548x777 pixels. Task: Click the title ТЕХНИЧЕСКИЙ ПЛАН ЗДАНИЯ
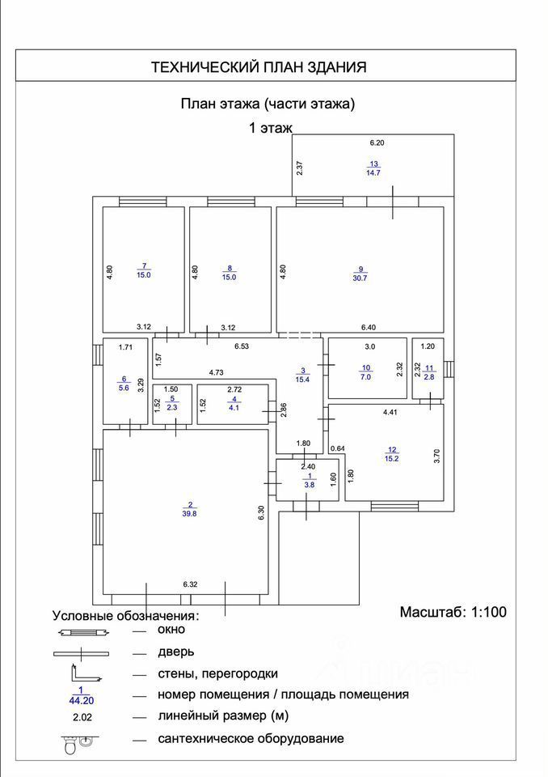[259, 67]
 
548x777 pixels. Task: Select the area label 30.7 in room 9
[361, 278]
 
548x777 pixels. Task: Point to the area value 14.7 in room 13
[373, 172]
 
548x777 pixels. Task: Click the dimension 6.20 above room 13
[377, 142]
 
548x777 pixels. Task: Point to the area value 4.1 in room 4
[234, 408]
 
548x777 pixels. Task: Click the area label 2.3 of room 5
[171, 408]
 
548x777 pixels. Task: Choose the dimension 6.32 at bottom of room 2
[191, 583]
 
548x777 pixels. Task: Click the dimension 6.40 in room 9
[369, 327]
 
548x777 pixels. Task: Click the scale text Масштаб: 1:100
[453, 612]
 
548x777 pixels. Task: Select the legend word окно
[171, 629]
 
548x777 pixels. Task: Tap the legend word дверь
[175, 651]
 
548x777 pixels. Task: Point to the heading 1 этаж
[270, 127]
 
